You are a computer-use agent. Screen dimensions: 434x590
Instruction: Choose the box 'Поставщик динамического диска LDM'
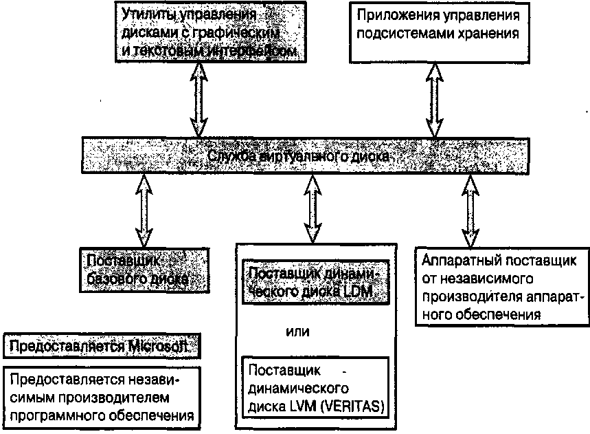pos(315,283)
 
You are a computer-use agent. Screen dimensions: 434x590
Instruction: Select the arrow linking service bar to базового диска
pos(144,210)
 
